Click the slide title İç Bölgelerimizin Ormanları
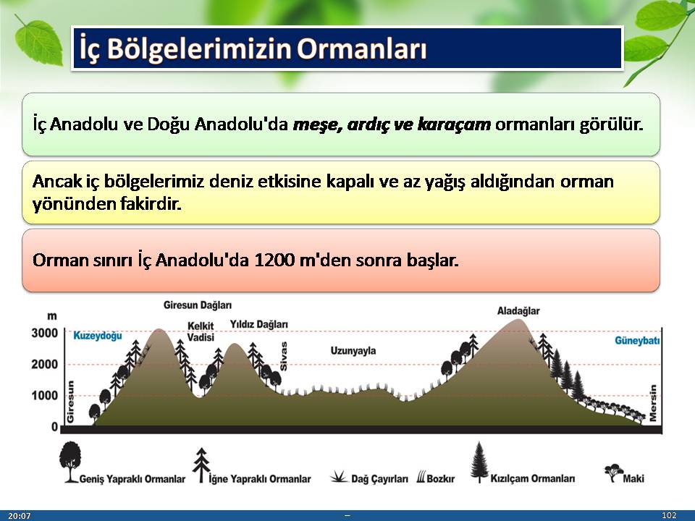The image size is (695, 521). tap(253, 48)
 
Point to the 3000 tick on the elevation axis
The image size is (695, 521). tap(45, 333)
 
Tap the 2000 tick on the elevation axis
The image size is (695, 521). tap(45, 365)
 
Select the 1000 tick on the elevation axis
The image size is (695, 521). tap(45, 396)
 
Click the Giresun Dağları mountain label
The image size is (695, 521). tap(198, 305)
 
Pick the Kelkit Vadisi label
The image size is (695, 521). tap(201, 331)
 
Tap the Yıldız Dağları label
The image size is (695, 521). tap(259, 325)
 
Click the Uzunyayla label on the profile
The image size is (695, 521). tap(353, 351)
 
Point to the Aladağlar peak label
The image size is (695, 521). tap(518, 311)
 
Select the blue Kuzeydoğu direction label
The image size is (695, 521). tap(98, 336)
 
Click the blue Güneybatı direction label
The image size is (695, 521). tap(637, 341)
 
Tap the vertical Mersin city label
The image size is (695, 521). tap(652, 403)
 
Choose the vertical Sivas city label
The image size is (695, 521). tap(284, 356)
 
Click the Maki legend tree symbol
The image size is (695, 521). tap(613, 473)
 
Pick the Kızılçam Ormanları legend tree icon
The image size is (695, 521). tap(479, 462)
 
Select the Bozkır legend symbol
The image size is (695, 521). tap(421, 477)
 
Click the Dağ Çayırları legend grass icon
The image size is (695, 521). tap(339, 477)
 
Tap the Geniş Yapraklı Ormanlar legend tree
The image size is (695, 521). tap(70, 462)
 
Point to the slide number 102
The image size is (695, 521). tap(669, 514)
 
